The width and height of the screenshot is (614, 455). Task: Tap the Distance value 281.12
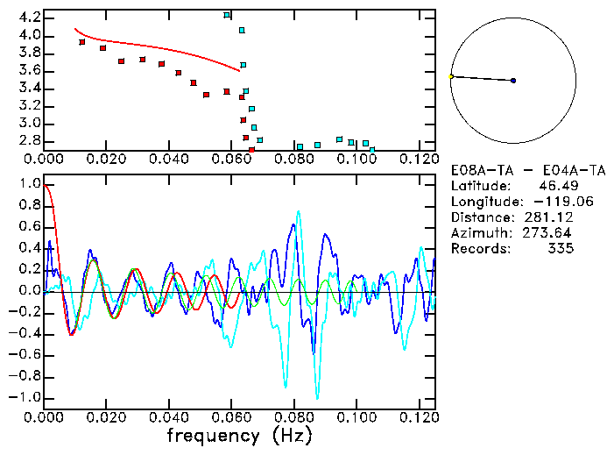[x=553, y=217]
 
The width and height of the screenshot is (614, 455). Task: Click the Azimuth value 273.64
[x=553, y=233]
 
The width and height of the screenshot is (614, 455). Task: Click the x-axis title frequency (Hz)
[x=240, y=435]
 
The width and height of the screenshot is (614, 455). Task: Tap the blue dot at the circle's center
[x=513, y=81]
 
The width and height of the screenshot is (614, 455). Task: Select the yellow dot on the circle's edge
[x=451, y=77]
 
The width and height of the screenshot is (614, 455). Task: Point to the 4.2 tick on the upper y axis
[x=28, y=18]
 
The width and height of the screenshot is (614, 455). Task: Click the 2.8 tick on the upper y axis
[x=28, y=140]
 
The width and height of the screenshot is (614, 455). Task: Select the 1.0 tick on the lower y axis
[x=28, y=184]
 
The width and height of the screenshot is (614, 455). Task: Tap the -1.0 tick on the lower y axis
[x=25, y=397]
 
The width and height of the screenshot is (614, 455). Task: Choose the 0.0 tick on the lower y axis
[x=28, y=291]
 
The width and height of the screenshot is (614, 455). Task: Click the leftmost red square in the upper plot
[x=82, y=42]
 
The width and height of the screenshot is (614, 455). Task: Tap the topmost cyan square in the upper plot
[x=227, y=15]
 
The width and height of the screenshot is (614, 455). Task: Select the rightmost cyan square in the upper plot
[x=372, y=150]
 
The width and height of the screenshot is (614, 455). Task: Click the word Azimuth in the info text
[x=478, y=233]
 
